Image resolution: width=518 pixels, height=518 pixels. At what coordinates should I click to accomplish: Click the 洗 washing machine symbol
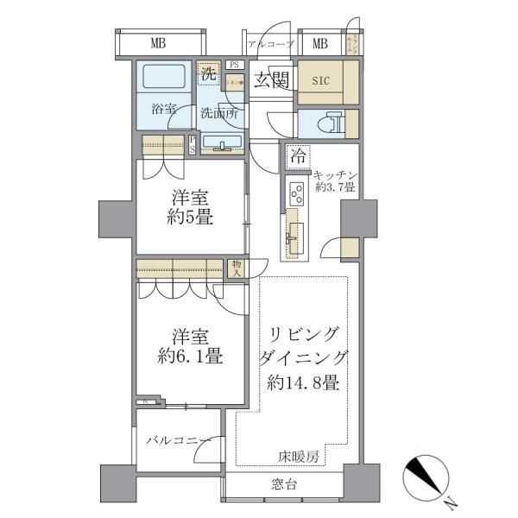pyautogui.click(x=208, y=74)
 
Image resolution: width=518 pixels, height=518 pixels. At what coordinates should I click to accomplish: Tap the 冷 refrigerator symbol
pyautogui.click(x=298, y=156)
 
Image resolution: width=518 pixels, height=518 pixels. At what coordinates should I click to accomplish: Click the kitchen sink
pyautogui.click(x=296, y=231)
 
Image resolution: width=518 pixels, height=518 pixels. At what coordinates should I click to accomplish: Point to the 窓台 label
pyautogui.click(x=285, y=484)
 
